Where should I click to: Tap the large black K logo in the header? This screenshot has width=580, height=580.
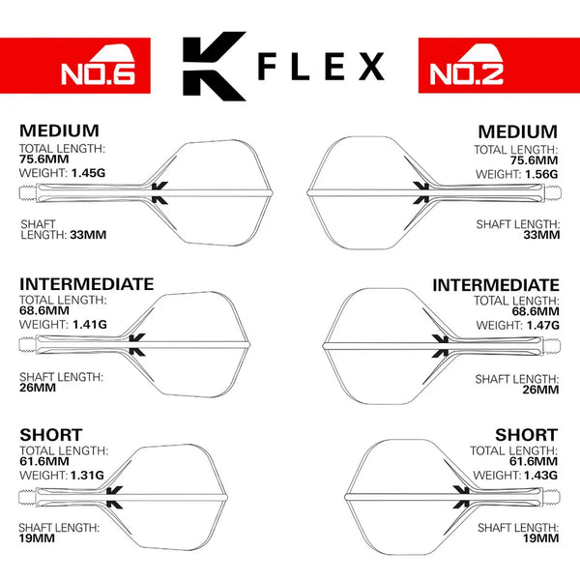point(214,67)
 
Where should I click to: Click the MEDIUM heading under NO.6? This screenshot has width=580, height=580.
point(59,130)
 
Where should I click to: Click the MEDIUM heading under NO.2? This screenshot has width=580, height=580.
point(518,130)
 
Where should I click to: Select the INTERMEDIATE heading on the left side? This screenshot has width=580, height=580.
point(86,284)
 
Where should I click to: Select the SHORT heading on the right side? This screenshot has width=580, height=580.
point(526,435)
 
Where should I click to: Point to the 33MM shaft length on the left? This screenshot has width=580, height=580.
point(90,235)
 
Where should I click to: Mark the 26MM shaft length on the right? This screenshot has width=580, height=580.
point(539,390)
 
